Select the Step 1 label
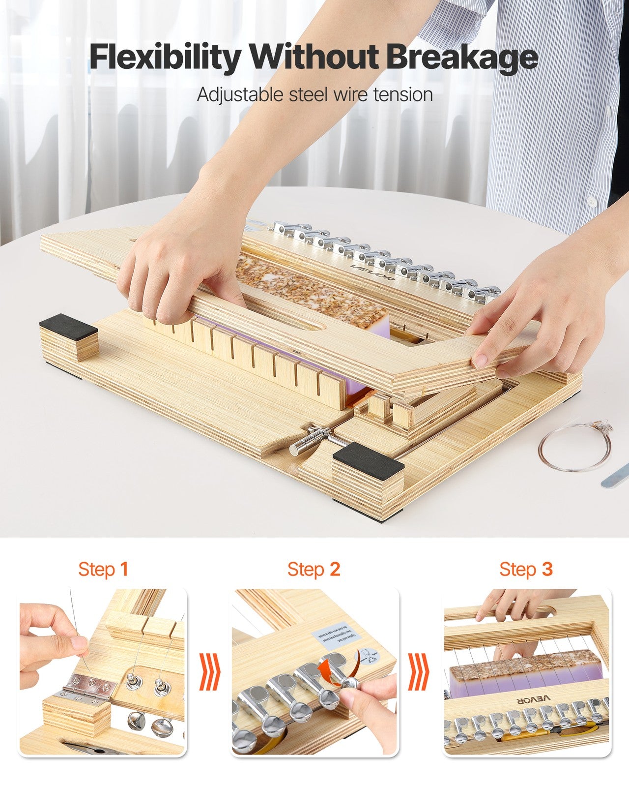103,570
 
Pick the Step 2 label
314,570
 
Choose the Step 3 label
526,570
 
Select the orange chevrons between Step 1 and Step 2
209,671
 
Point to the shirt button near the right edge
592,201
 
